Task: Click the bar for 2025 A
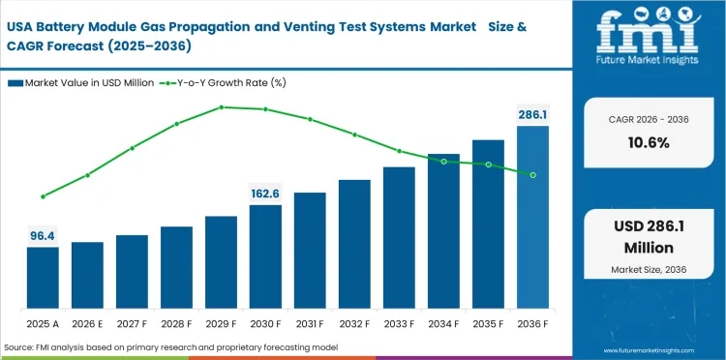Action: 43,277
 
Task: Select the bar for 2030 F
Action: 265,255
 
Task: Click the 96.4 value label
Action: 43,235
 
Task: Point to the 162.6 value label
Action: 265,194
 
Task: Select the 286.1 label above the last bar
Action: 532,115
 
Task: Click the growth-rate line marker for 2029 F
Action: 221,107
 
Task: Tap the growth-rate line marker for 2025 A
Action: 43,196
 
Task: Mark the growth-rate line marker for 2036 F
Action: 532,174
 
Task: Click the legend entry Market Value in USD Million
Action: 83,84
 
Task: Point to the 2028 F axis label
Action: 176,322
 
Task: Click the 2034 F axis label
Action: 443,322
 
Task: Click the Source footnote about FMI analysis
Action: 184,346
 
